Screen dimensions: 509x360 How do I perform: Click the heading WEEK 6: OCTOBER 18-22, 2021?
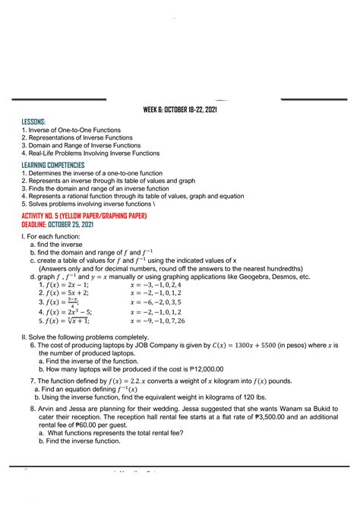pyautogui.click(x=179, y=109)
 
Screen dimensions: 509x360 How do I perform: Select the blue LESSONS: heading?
pyautogui.click(x=34, y=122)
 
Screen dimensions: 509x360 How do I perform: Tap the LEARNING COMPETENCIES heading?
pyautogui.click(x=53, y=165)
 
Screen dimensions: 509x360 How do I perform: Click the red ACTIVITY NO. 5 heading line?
pyautogui.click(x=84, y=217)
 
